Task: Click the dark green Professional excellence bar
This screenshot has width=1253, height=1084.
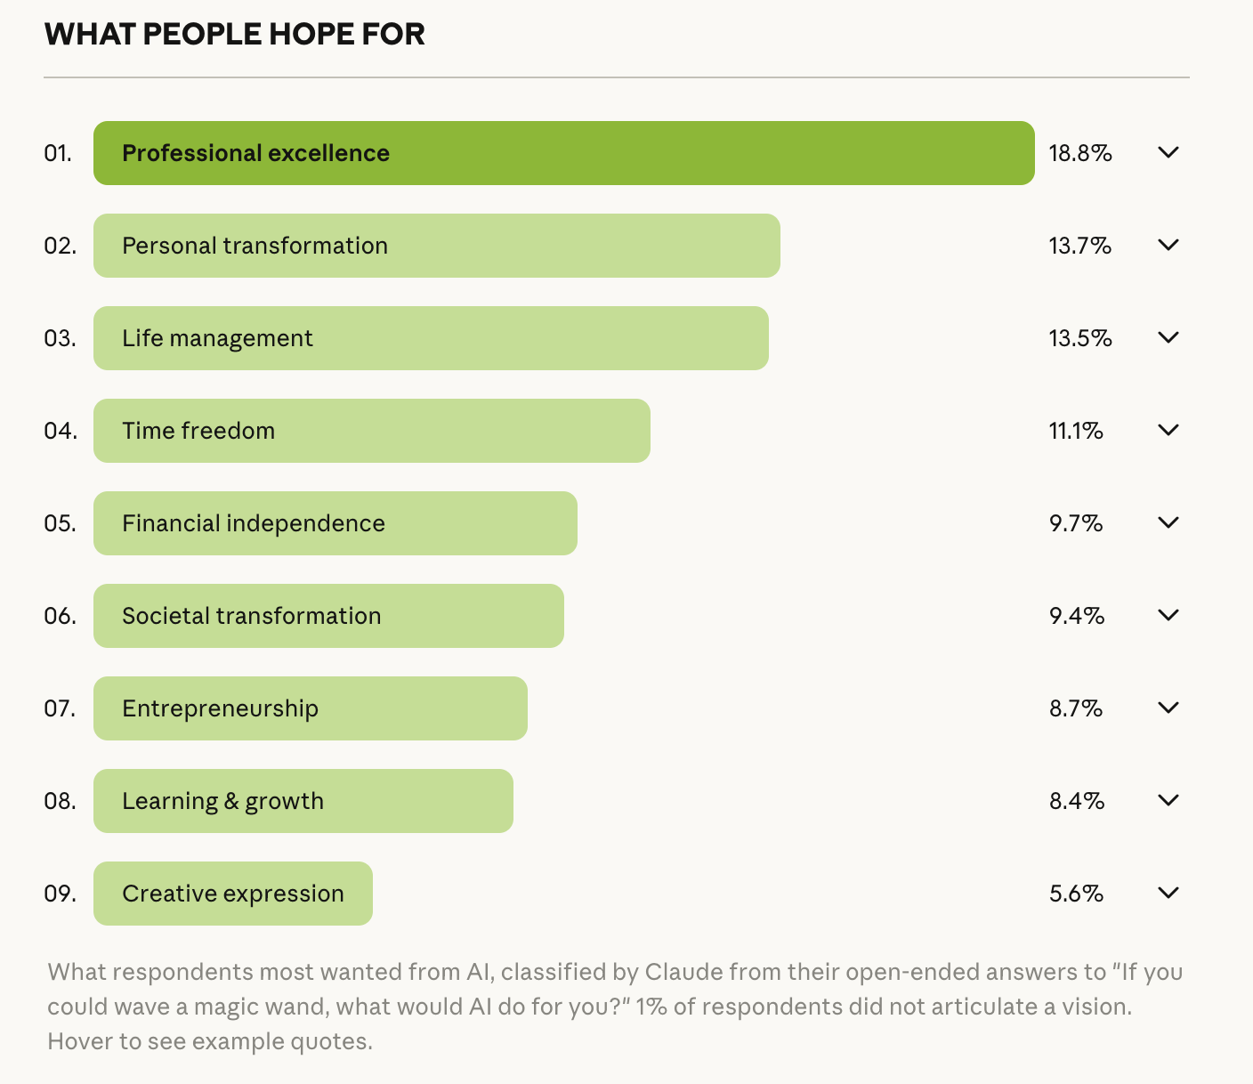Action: pyautogui.click(x=563, y=153)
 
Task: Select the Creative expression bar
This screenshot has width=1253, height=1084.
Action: pyautogui.click(x=233, y=894)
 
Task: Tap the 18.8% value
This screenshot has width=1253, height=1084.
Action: pyautogui.click(x=1080, y=153)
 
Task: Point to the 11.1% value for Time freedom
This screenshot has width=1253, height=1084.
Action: pyautogui.click(x=1076, y=431)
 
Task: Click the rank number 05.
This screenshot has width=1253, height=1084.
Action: pyautogui.click(x=60, y=523)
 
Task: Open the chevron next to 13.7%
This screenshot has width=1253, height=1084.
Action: pyautogui.click(x=1168, y=245)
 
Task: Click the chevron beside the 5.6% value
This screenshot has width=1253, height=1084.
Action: pyautogui.click(x=1168, y=893)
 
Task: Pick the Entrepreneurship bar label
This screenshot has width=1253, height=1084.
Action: pyautogui.click(x=220, y=708)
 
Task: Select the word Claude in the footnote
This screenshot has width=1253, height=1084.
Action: pyautogui.click(x=683, y=972)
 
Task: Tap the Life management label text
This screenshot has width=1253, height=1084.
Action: pyautogui.click(x=217, y=338)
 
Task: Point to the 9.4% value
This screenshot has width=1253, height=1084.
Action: pyautogui.click(x=1077, y=616)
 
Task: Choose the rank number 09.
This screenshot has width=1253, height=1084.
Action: pyautogui.click(x=60, y=894)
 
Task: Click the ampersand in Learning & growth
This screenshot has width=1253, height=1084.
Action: pyautogui.click(x=231, y=801)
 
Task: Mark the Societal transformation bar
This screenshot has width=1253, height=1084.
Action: pyautogui.click(x=328, y=616)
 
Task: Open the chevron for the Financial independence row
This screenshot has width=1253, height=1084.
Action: pyautogui.click(x=1168, y=522)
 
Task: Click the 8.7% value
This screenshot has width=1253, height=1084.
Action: pyautogui.click(x=1076, y=708)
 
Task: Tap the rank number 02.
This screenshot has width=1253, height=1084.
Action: pyautogui.click(x=60, y=246)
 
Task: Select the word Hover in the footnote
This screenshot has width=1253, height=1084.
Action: pyautogui.click(x=76, y=1041)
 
